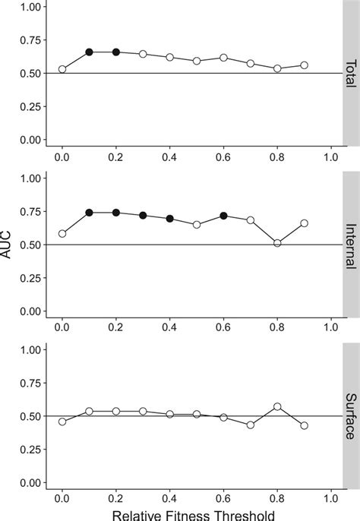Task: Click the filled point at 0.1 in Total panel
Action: pyautogui.click(x=90, y=52)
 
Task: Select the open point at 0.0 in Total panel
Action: pyautogui.click(x=62, y=69)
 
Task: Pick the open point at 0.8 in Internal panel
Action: pyautogui.click(x=277, y=243)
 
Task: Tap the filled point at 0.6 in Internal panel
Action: pyautogui.click(x=223, y=216)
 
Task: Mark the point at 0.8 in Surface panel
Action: pyautogui.click(x=277, y=406)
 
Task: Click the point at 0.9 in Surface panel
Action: pyautogui.click(x=304, y=425)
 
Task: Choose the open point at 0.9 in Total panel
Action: pyautogui.click(x=304, y=65)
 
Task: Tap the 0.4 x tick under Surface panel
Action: pyautogui.click(x=169, y=496)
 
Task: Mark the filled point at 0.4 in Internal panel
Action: pyautogui.click(x=170, y=219)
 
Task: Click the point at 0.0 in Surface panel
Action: pyautogui.click(x=62, y=421)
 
